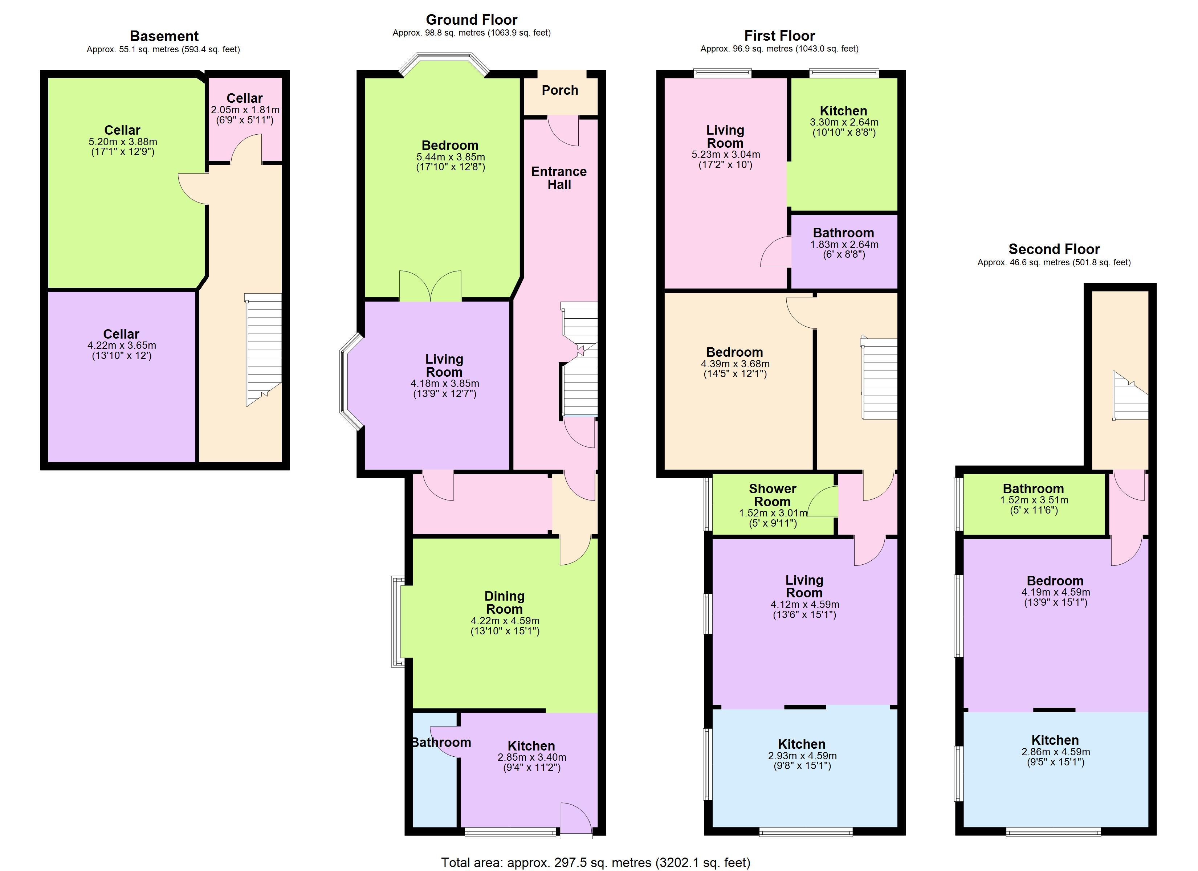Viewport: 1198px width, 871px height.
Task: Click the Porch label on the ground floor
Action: tap(560, 90)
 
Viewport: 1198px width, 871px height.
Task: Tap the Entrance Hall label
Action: tap(559, 178)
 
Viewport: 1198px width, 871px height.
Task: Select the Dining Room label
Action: tap(505, 603)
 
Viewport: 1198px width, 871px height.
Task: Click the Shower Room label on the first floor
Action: tap(772, 495)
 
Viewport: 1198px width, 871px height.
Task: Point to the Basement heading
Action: tap(164, 36)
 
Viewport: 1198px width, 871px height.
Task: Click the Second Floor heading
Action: tap(1054, 249)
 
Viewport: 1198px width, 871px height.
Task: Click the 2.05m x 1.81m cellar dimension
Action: tap(245, 110)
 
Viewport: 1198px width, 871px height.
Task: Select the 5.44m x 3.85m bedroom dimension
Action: tap(451, 157)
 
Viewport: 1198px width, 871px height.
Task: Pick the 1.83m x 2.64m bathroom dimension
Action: tap(844, 245)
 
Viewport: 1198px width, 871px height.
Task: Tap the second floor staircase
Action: tap(1130, 396)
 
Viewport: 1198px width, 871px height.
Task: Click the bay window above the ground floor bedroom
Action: tap(444, 62)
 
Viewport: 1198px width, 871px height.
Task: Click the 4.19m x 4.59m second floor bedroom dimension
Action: tap(1055, 592)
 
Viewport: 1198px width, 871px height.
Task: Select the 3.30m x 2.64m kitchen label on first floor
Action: tap(844, 122)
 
